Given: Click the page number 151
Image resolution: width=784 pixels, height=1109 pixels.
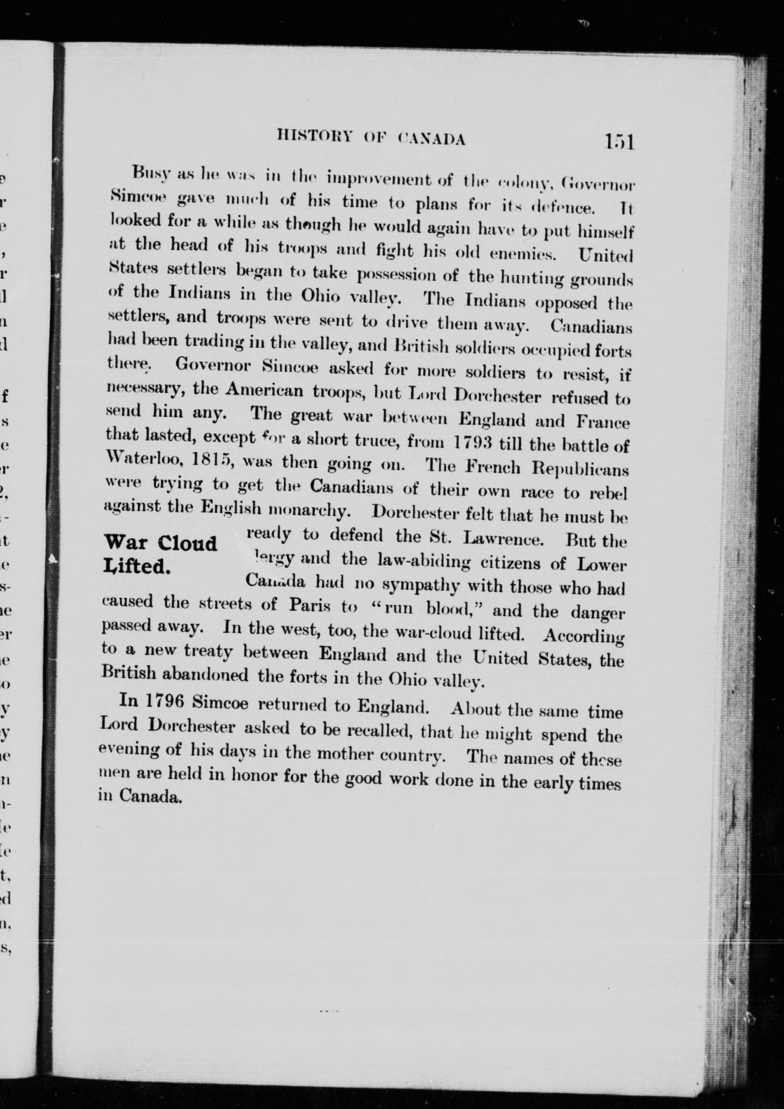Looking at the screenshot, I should pos(618,143).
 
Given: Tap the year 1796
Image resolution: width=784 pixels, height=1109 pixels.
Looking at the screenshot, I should pos(162,701).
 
